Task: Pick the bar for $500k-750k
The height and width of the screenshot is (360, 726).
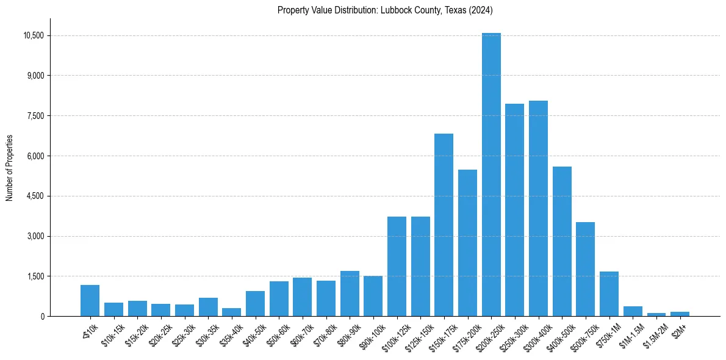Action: point(585,269)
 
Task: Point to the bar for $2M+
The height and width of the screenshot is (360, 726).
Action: point(680,314)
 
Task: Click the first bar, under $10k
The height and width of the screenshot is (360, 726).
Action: point(90,301)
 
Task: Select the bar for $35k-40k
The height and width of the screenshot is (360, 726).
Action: point(231,312)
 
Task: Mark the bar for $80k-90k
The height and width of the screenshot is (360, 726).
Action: point(350,293)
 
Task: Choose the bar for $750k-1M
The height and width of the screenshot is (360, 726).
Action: point(609,294)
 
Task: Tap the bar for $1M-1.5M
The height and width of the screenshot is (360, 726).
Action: point(633,311)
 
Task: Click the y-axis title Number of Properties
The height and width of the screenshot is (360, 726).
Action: point(10,168)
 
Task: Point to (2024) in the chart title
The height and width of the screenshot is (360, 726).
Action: point(481,10)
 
